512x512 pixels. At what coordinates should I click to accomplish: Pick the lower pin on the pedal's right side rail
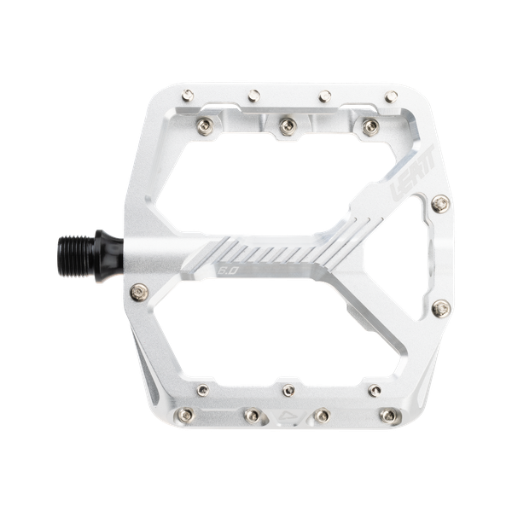click(440, 305)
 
